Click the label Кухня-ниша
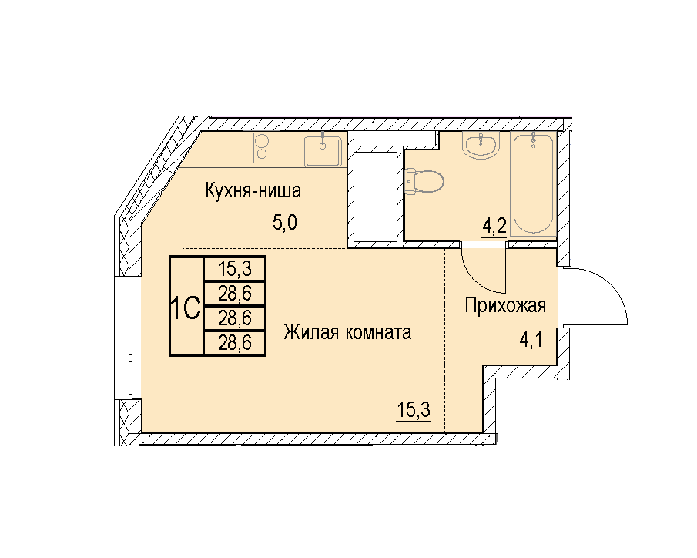(x=253, y=190)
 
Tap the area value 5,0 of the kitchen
(x=284, y=223)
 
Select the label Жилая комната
(x=347, y=332)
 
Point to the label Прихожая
(x=505, y=306)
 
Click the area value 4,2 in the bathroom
(x=494, y=227)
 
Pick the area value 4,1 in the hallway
(x=531, y=341)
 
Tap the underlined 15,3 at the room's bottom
(x=414, y=410)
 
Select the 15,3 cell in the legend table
(x=235, y=269)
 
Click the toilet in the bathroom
(x=424, y=181)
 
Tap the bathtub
(x=533, y=184)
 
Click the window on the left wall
(x=131, y=338)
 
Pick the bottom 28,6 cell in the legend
(x=235, y=343)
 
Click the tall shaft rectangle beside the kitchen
(x=376, y=197)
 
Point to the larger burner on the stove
(x=262, y=140)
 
